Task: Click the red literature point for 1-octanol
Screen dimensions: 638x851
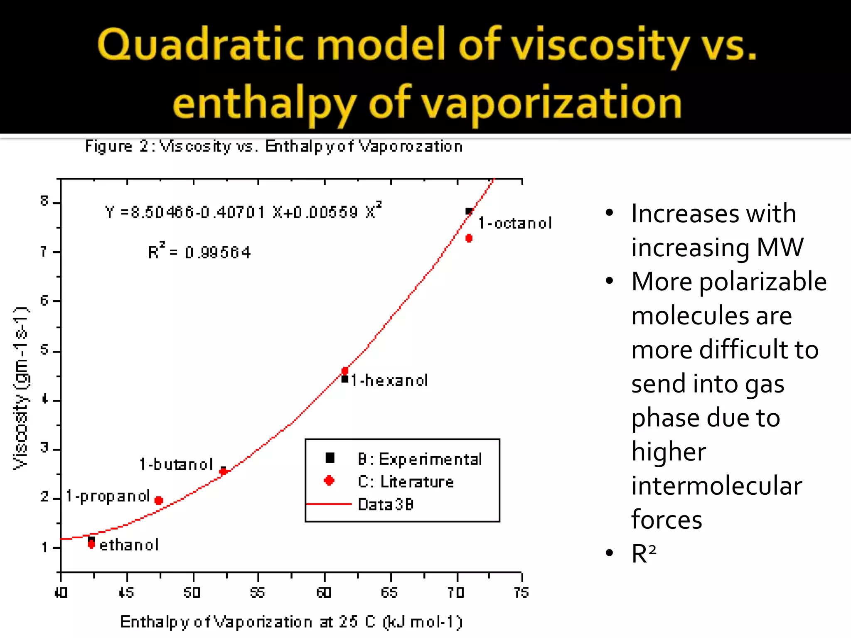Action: click(x=469, y=238)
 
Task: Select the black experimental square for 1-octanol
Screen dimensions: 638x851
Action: click(x=469, y=211)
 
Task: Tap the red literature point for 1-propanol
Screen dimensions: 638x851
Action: click(x=159, y=501)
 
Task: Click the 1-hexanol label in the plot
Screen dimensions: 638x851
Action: click(x=389, y=380)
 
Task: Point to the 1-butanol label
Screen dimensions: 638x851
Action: click(x=176, y=464)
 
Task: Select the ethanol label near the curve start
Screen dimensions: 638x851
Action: click(x=129, y=545)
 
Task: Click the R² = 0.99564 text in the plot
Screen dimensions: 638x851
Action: click(x=199, y=252)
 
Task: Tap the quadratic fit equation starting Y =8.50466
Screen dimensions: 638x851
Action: click(x=243, y=212)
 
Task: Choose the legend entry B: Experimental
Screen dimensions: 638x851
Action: click(x=420, y=459)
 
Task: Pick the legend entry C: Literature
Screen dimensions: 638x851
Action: click(x=406, y=482)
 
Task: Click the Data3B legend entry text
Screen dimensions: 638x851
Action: click(x=386, y=505)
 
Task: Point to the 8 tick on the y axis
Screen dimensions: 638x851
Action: click(x=44, y=201)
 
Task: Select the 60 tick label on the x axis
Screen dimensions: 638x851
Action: click(x=324, y=592)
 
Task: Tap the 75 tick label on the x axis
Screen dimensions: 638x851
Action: click(x=521, y=592)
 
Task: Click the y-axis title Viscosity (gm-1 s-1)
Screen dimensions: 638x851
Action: click(x=21, y=388)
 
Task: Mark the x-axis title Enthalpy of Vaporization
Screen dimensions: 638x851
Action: click(x=291, y=622)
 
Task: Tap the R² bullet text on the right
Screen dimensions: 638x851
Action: click(x=644, y=554)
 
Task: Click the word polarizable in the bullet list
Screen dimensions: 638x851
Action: click(x=763, y=282)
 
